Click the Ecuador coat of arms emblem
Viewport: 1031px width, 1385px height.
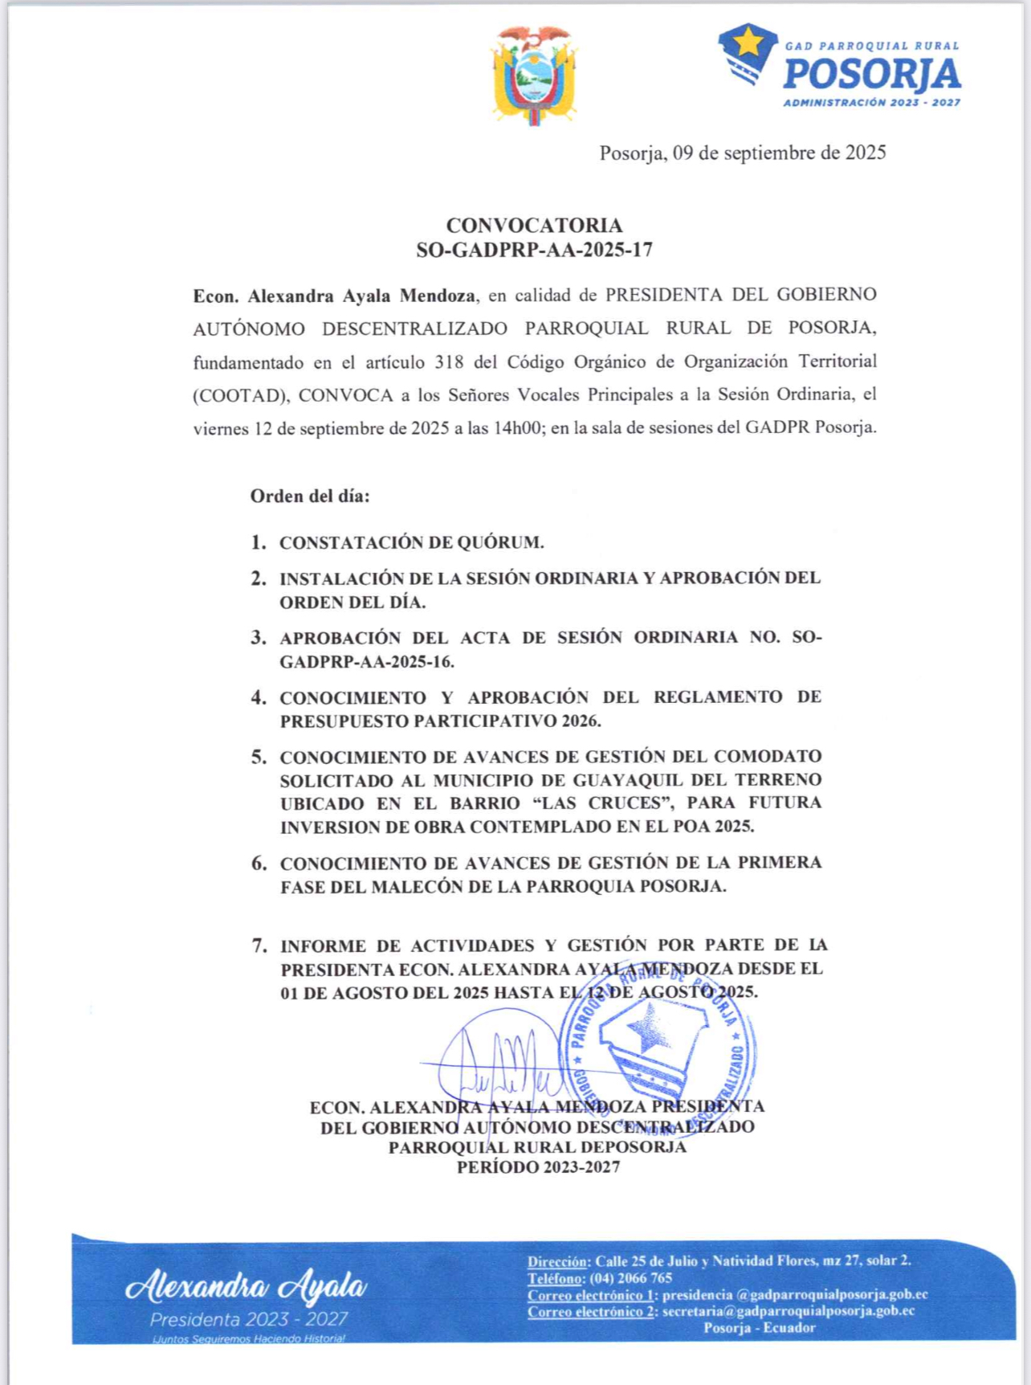tap(535, 74)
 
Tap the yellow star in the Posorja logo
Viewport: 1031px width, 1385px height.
tap(749, 42)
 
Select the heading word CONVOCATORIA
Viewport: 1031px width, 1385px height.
tap(534, 226)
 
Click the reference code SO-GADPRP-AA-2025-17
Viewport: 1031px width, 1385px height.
tap(534, 250)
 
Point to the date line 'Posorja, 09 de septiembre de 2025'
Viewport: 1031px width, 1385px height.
tap(742, 153)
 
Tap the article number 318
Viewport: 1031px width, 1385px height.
tap(449, 362)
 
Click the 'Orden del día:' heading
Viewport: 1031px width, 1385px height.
tap(310, 496)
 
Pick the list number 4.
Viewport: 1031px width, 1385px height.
tap(259, 697)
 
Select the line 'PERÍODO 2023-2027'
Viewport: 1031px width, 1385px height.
tap(538, 1167)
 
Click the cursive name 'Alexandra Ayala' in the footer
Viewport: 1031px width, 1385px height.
tap(246, 1287)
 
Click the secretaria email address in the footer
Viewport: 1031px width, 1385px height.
tap(788, 1311)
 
